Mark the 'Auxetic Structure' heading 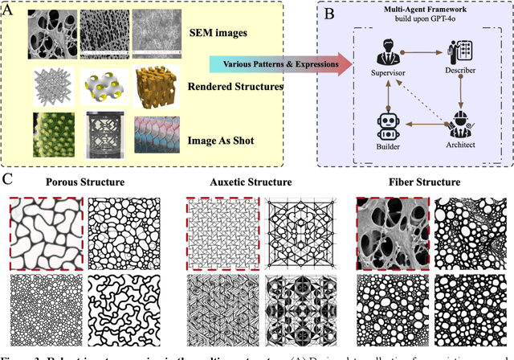(x=258, y=182)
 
